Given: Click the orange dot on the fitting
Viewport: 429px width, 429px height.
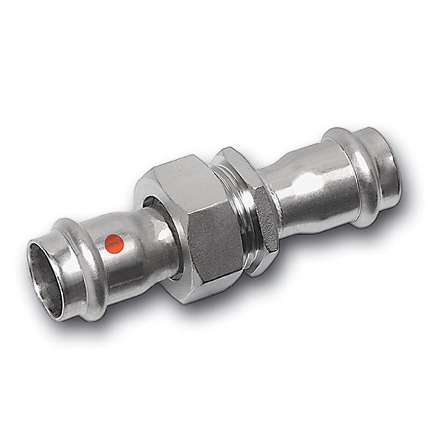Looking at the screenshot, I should (114, 242).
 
